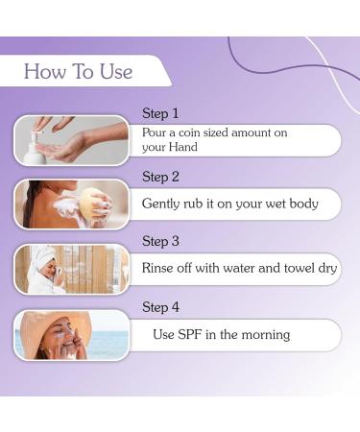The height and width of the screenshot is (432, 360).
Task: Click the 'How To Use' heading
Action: [x=78, y=72]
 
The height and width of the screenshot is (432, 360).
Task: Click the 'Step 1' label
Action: [x=160, y=113]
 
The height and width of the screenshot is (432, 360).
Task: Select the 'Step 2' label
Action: [x=160, y=177]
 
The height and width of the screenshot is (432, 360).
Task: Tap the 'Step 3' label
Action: [x=160, y=241]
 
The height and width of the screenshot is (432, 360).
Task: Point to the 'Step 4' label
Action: [x=160, y=307]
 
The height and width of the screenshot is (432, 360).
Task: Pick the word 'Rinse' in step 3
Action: [x=159, y=268]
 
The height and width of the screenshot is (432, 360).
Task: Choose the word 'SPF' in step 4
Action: [x=193, y=335]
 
